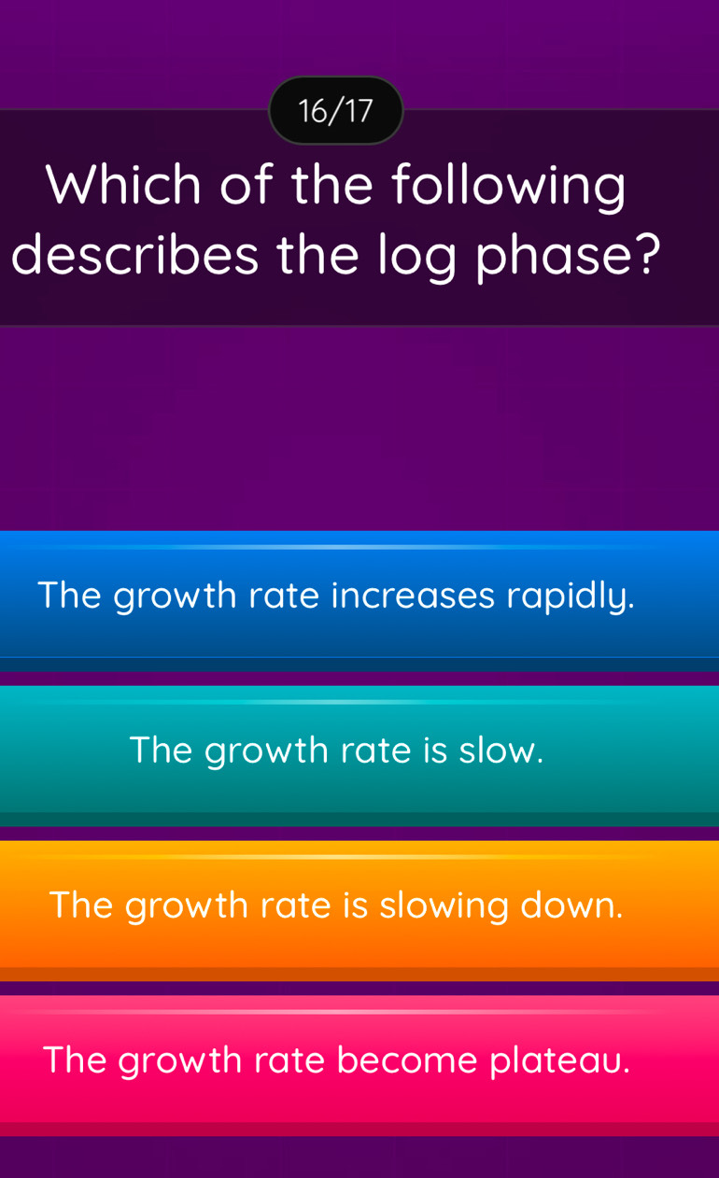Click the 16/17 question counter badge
pos(335,111)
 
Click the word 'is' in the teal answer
pos(435,750)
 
